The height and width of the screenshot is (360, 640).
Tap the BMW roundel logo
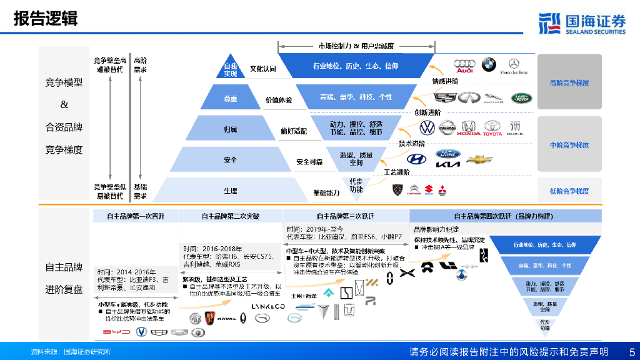click(x=488, y=64)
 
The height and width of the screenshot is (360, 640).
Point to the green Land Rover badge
click(x=521, y=97)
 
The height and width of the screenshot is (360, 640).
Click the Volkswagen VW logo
click(x=427, y=128)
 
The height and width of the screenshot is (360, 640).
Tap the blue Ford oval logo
click(x=447, y=154)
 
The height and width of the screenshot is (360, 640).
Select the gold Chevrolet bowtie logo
click(x=480, y=160)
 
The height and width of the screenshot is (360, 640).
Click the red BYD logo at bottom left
click(x=116, y=332)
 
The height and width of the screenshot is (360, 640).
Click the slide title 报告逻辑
click(x=46, y=19)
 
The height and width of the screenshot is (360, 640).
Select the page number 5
click(x=631, y=352)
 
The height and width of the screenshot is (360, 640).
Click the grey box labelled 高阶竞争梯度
click(x=569, y=82)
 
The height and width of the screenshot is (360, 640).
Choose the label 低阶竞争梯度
click(x=569, y=191)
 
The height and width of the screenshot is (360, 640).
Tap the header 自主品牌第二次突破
click(x=231, y=216)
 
